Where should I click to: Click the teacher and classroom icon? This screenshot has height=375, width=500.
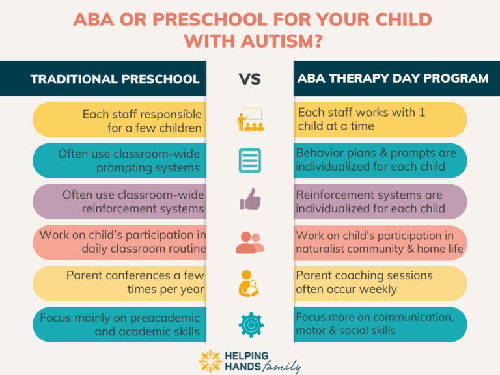(249, 120)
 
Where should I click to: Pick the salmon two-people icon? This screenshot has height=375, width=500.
(249, 242)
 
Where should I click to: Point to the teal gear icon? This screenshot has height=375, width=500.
(249, 324)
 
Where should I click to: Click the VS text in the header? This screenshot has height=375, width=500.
(249, 79)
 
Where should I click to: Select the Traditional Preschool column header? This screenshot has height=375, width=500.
(115, 79)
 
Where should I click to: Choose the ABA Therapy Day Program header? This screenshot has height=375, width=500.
(393, 78)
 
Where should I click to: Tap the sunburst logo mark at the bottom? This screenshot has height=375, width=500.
(210, 361)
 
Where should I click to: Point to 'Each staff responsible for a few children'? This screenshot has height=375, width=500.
(142, 120)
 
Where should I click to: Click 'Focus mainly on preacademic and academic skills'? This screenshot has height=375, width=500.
(120, 324)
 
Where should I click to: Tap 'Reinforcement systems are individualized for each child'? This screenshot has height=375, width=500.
(370, 202)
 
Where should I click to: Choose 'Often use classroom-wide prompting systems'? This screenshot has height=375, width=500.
(129, 161)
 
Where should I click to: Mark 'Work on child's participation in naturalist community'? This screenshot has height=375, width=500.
(380, 242)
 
